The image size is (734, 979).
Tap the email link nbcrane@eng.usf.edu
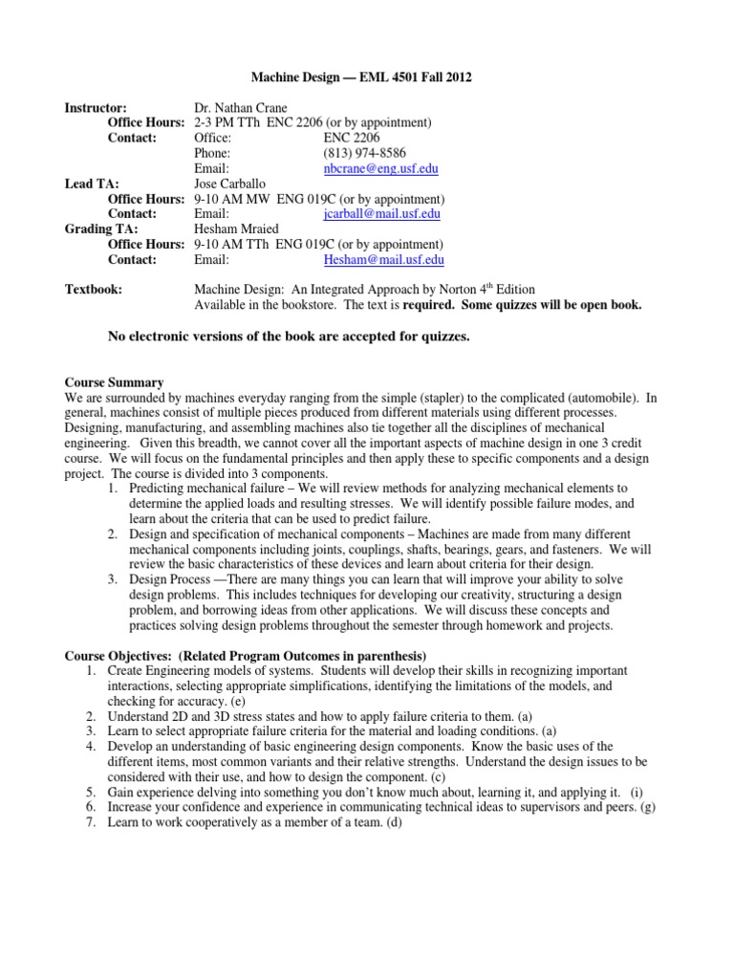[x=380, y=168]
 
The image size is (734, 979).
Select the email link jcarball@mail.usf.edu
[x=382, y=214]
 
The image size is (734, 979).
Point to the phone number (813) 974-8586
[x=368, y=153]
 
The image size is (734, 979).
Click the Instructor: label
[x=96, y=108]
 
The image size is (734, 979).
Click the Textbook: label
[x=93, y=290]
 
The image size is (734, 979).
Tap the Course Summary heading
[x=114, y=382]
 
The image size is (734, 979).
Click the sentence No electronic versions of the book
[x=290, y=336]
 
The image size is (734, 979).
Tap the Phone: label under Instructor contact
[x=211, y=153]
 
